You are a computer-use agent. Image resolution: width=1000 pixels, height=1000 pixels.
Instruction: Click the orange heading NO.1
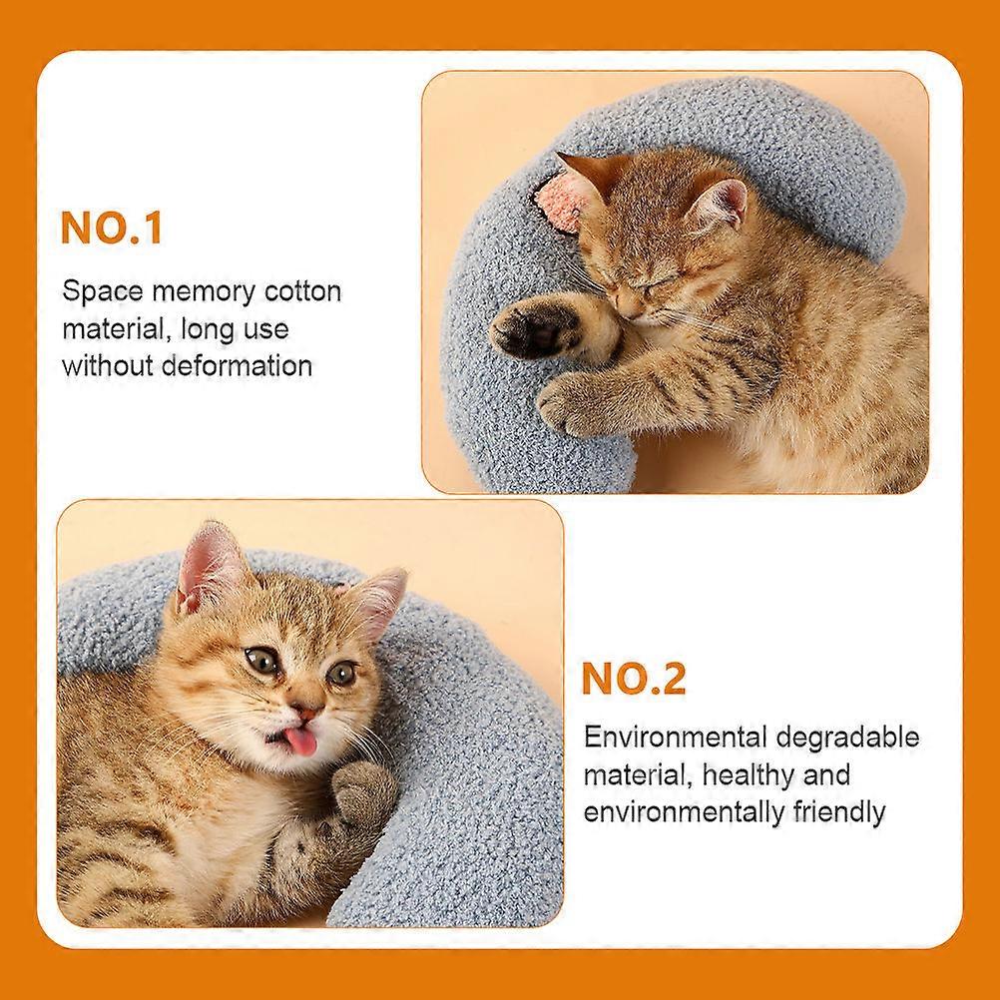[112, 228]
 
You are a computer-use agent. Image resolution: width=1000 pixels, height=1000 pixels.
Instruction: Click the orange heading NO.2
[634, 680]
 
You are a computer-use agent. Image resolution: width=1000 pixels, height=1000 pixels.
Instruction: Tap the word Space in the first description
[103, 292]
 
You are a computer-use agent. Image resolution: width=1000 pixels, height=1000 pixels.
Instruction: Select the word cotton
[303, 291]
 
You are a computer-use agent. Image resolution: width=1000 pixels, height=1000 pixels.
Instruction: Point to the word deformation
[238, 366]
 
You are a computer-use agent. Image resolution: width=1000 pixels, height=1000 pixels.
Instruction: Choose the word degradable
[847, 738]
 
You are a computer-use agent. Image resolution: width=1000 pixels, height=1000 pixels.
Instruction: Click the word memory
[203, 292]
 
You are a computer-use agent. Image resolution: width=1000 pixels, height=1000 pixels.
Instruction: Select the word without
[108, 366]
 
